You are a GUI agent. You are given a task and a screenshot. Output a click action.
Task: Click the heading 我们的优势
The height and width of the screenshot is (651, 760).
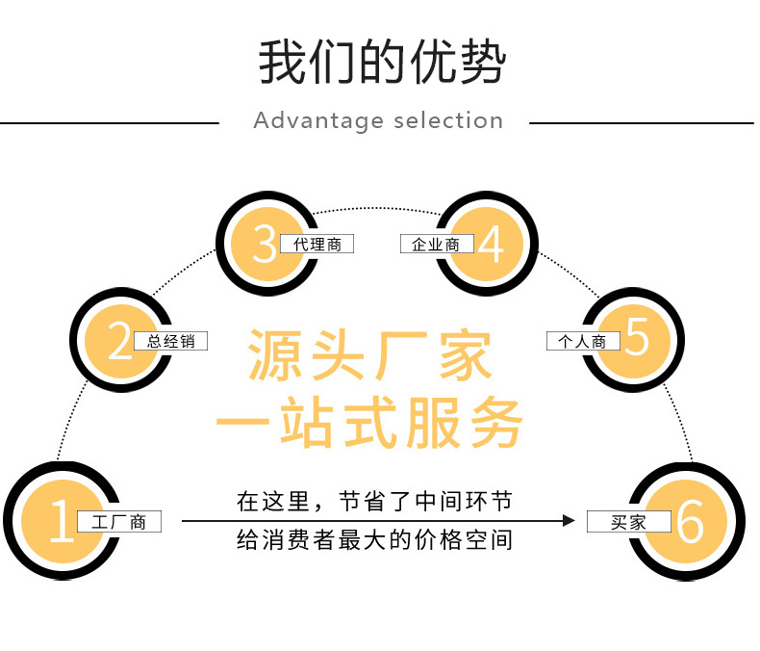coord(380,64)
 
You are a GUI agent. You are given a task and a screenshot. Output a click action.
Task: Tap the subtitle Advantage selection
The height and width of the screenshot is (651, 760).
coord(378,121)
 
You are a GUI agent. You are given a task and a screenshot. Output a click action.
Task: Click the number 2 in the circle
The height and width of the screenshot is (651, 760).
coord(119,341)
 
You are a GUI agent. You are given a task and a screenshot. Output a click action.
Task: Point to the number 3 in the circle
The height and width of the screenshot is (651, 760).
coord(264,245)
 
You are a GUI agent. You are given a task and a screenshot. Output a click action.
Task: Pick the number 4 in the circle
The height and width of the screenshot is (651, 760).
coord(491,245)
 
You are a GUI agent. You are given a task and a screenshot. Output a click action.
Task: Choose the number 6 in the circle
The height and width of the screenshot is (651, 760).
coord(690,523)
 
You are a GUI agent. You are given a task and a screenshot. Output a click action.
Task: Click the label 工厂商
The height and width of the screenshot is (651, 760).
coord(118,523)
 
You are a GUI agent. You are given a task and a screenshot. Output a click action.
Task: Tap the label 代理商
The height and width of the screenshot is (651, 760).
coord(317,245)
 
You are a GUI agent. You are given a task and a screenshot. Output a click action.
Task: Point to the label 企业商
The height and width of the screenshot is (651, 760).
coord(437,245)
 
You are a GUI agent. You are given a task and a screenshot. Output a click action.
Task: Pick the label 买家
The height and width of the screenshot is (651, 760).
coord(628,523)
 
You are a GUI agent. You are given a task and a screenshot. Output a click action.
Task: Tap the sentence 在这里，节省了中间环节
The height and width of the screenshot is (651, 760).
coord(374,502)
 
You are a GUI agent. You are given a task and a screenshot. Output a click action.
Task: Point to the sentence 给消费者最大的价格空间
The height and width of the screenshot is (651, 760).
coord(374,540)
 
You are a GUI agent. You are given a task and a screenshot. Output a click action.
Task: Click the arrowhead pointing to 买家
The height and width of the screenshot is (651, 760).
coord(569,521)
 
